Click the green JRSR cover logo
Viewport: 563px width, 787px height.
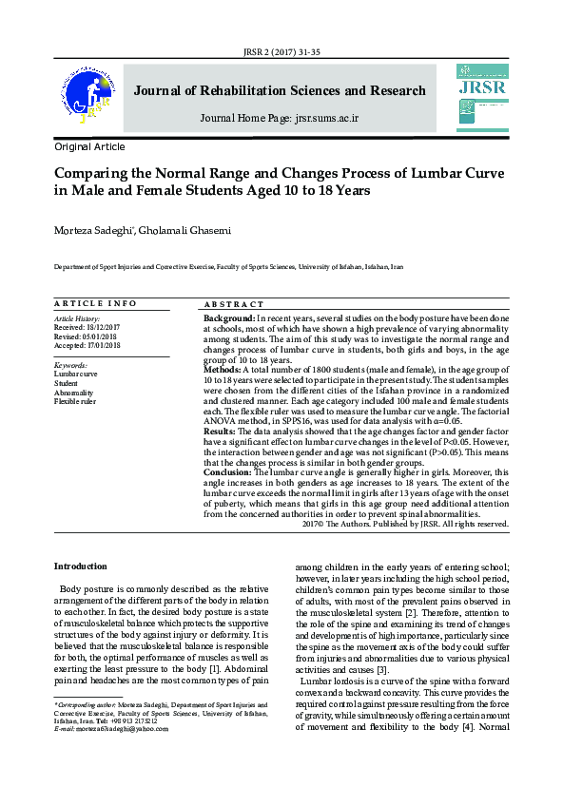481,94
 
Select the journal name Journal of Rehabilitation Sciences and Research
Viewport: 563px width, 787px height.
280,91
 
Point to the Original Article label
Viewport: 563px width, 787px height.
89,147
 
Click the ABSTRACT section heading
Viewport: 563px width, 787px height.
234,303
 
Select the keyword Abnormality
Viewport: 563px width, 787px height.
74,392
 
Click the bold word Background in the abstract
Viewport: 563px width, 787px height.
228,317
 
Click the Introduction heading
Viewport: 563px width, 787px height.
80,566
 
